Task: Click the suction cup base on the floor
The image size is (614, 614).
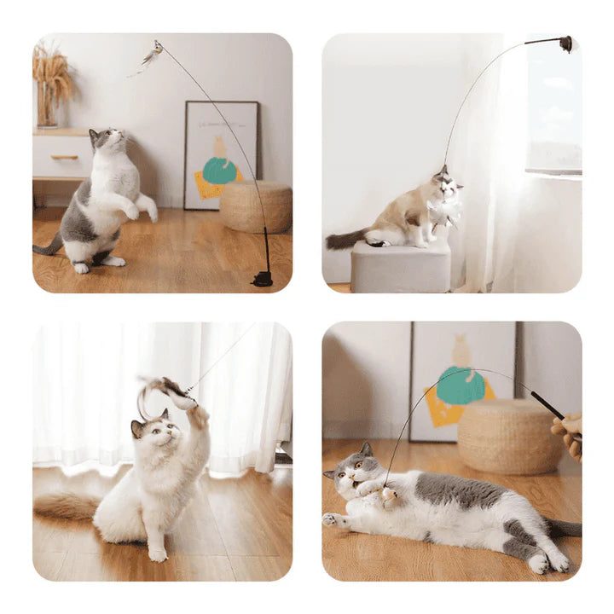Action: point(264,278)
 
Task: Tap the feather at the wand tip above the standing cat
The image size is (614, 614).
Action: point(150,55)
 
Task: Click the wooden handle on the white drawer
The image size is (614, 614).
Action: point(64,157)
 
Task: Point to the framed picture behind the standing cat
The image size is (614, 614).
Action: point(221,154)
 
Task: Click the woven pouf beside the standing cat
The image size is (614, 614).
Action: point(256,206)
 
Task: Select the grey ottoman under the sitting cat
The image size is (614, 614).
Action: point(400,268)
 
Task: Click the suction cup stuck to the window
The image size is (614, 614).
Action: point(565,43)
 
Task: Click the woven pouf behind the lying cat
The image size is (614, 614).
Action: point(509,435)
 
